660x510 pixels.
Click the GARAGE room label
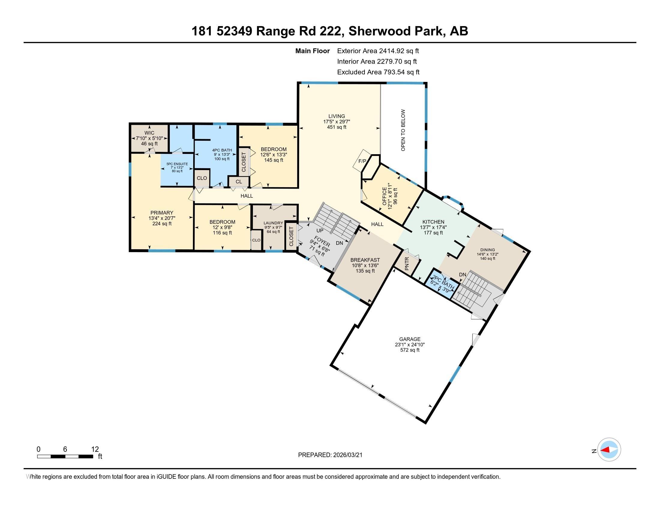[409, 339]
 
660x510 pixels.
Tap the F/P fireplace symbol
[362, 161]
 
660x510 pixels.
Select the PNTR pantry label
[406, 263]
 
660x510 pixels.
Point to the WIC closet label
[149, 133]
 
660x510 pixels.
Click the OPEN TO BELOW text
[403, 130]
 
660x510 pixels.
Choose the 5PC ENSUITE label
[177, 164]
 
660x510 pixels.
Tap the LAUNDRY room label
[273, 223]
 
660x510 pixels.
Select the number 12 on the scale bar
[95, 449]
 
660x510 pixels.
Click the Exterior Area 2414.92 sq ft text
[378, 51]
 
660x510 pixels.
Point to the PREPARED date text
[330, 455]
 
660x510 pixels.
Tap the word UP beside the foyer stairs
[320, 230]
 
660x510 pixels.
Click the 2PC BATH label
[443, 282]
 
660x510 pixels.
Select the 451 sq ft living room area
[337, 127]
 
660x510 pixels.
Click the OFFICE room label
[384, 196]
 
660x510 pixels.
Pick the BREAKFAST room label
[365, 260]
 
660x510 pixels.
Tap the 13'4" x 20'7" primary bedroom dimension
[162, 218]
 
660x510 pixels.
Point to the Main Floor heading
[312, 51]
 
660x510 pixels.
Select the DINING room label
[487, 250]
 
